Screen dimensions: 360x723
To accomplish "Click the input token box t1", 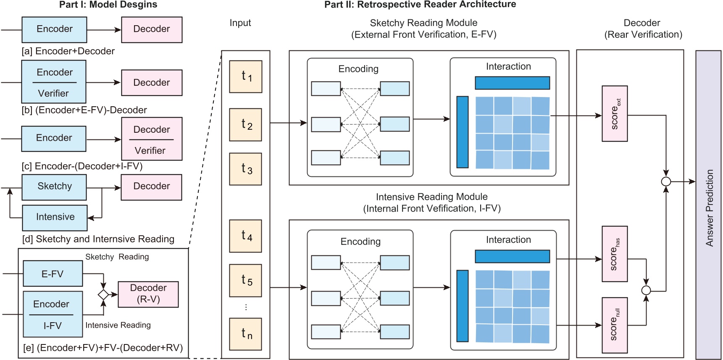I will point(246,76).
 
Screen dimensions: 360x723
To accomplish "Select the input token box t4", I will point(246,236).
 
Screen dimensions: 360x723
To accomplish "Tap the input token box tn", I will point(246,334).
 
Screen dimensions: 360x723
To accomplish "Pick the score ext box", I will point(615,114).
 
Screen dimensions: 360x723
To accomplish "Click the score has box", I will point(615,254).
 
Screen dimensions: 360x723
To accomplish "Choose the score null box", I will point(615,325).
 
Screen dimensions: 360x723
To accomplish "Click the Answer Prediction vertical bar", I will point(709,205).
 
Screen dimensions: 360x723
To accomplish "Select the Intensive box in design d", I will point(55,217).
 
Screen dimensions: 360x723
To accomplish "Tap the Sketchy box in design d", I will point(54,187).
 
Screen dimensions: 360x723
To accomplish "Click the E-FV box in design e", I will point(53,274).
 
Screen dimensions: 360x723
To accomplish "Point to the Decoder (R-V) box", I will point(148,294).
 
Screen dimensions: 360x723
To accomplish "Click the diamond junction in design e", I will point(103,294).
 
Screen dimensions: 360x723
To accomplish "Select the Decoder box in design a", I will point(152,29).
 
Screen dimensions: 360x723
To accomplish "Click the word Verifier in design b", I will point(53,94).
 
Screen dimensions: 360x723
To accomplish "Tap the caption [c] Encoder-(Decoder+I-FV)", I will point(82,166).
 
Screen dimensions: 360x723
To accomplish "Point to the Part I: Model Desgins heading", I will point(108,5).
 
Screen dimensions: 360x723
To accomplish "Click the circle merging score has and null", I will point(646,290).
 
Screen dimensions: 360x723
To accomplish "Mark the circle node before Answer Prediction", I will point(666,181).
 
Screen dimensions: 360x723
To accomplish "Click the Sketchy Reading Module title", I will point(423,23).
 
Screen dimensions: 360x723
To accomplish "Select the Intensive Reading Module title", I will point(431,197).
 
